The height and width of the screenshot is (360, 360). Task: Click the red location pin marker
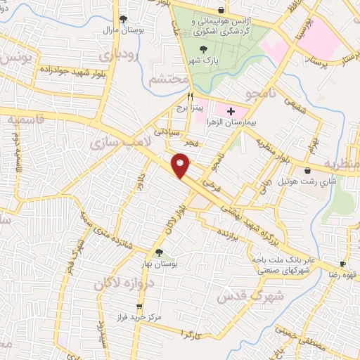pos(181,165)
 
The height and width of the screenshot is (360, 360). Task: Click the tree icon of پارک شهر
pos(204,49)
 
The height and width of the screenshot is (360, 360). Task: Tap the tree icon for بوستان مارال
pos(124,19)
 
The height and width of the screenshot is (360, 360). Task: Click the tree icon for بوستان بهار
pos(158,253)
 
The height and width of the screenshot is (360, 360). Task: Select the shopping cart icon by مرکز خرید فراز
pos(139,307)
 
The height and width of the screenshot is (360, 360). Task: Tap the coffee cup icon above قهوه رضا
pos(343,264)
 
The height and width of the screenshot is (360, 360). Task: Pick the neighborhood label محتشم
pos(167,80)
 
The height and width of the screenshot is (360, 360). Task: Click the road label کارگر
pos(191,334)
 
